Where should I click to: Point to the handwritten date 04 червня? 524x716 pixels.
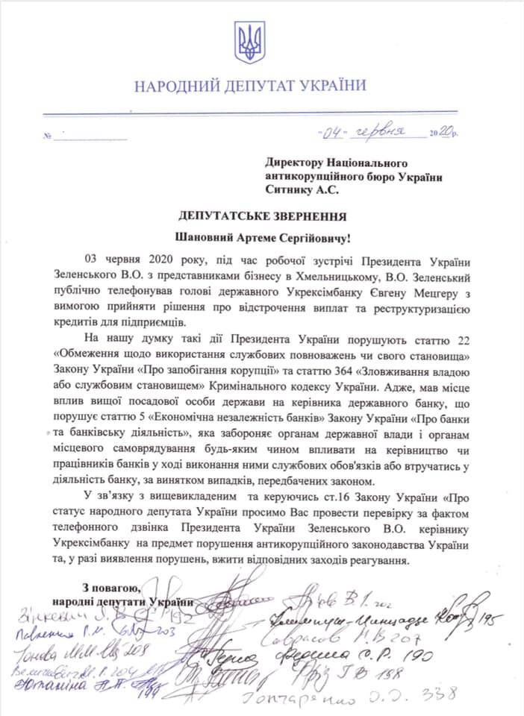(x=361, y=132)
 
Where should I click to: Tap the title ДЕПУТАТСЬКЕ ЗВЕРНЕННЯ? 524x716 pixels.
(x=262, y=217)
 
